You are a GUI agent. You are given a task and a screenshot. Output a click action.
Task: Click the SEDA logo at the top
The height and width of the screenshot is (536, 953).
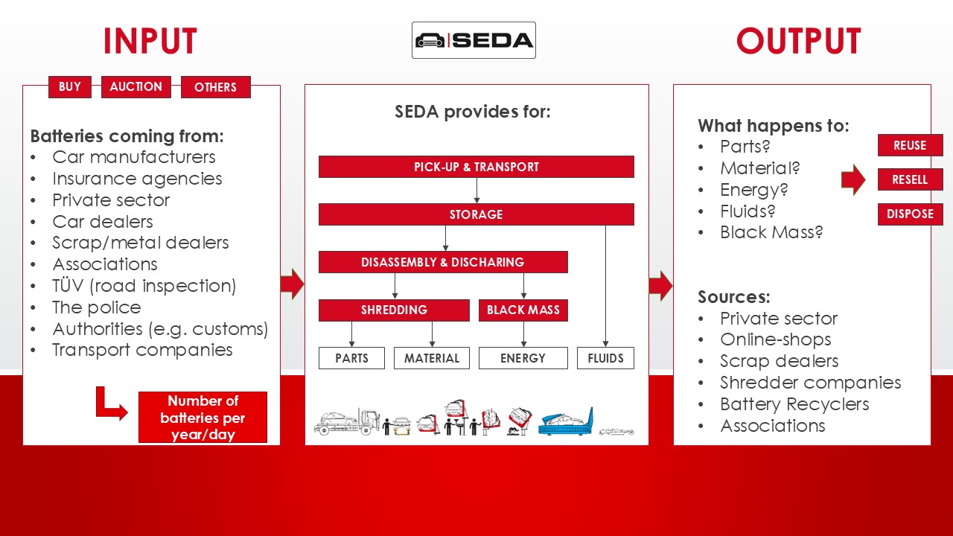(474, 40)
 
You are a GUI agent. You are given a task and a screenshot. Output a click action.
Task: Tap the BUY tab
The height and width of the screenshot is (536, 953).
(69, 87)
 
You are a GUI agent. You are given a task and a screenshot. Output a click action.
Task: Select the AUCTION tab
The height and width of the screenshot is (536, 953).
(136, 87)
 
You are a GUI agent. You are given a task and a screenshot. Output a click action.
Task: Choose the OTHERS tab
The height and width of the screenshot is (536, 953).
(215, 88)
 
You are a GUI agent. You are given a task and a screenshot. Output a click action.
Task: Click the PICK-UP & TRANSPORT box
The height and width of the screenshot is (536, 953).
(476, 167)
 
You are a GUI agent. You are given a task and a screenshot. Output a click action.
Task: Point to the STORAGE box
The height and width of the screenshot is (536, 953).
(476, 214)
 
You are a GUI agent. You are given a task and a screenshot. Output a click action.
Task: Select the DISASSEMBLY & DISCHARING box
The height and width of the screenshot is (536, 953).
(442, 262)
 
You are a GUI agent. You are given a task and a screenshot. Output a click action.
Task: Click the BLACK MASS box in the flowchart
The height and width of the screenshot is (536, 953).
(523, 310)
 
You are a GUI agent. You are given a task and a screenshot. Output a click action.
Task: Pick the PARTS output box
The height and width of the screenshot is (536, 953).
(351, 358)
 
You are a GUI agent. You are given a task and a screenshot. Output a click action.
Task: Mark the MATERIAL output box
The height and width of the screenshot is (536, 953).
(432, 358)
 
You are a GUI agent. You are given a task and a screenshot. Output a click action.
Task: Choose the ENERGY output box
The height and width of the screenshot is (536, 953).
(523, 358)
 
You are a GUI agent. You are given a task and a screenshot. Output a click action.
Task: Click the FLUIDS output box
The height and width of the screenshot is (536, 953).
(605, 358)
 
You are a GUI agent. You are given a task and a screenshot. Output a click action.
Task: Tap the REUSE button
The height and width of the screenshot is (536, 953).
(910, 145)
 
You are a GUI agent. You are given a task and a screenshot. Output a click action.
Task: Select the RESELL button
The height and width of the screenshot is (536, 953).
(910, 179)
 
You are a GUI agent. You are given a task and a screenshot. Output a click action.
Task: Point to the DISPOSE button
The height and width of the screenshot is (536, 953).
(910, 214)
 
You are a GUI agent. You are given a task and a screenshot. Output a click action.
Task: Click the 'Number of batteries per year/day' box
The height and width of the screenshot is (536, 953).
(203, 418)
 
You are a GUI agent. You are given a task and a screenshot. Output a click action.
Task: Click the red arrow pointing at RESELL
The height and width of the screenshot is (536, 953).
(853, 179)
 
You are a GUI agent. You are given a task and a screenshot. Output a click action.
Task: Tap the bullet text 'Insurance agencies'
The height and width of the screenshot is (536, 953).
(137, 179)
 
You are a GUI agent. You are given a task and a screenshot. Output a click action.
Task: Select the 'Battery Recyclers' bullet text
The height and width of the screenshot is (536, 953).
(794, 404)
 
